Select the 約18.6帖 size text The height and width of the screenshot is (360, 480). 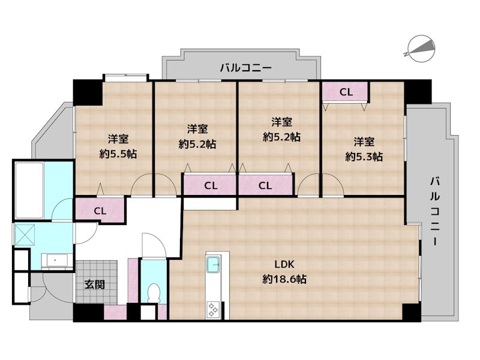click(x=284, y=279)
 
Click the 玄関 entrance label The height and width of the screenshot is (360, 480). click(x=94, y=284)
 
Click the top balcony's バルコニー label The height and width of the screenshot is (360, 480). click(x=245, y=68)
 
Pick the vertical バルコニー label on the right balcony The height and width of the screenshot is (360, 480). click(x=434, y=211)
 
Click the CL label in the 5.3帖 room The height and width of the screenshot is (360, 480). click(x=346, y=92)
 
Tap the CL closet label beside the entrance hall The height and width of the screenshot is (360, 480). click(x=100, y=211)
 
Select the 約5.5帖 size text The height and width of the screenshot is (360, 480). click(x=118, y=154)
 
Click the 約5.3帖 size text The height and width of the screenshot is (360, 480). click(x=364, y=157)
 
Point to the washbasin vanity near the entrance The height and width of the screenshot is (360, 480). click(x=58, y=261)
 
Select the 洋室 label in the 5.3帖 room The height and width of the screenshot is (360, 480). click(x=364, y=142)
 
